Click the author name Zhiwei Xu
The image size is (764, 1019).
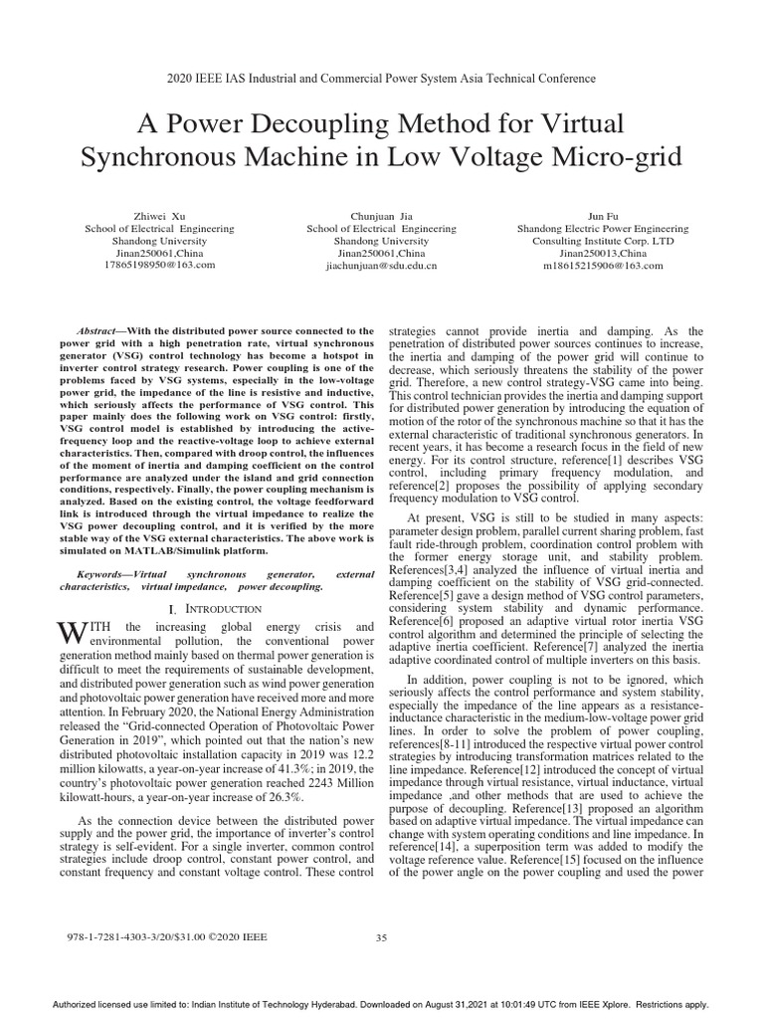(x=159, y=215)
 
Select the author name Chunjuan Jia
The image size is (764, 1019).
(x=381, y=215)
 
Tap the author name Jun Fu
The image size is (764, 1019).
(x=603, y=215)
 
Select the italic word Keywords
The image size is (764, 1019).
(x=102, y=575)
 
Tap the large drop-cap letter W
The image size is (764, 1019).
(x=67, y=633)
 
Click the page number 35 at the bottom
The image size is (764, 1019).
(x=381, y=937)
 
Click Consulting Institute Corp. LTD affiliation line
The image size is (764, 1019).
(x=603, y=241)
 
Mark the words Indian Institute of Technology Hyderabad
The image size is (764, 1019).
(x=250, y=1005)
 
